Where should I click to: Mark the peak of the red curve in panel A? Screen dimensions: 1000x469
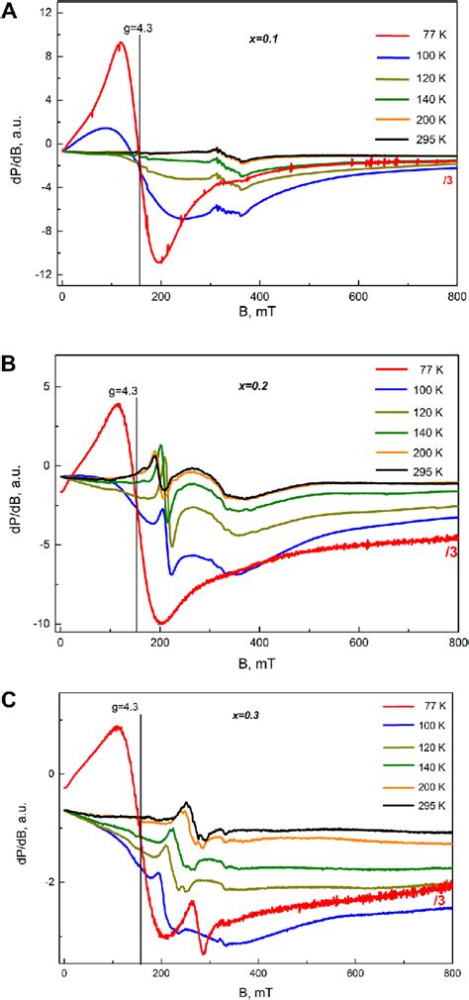pos(120,43)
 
